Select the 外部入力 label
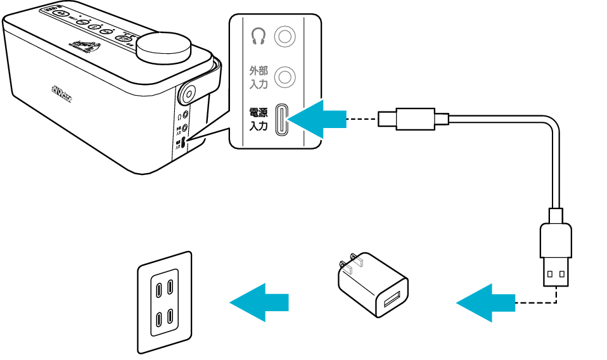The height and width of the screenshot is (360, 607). [x=259, y=77]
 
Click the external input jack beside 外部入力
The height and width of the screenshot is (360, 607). [x=284, y=77]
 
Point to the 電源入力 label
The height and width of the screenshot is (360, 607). [x=259, y=119]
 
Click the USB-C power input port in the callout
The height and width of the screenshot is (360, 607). [x=283, y=119]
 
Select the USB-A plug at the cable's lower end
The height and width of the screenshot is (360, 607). [x=556, y=254]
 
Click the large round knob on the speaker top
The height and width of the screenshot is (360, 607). [x=163, y=48]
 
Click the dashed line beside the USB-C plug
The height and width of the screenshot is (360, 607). [x=362, y=119]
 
